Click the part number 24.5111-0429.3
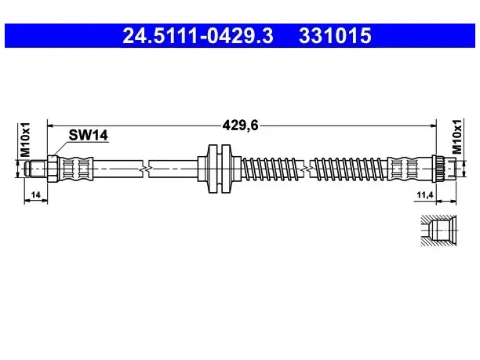[x=198, y=35]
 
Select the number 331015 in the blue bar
[x=335, y=35]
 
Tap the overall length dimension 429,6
[x=240, y=125]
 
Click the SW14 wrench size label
[x=88, y=135]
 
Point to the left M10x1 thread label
[x=25, y=140]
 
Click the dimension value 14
[x=36, y=195]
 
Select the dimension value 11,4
[x=425, y=195]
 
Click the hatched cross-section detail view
[x=438, y=231]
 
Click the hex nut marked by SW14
[x=53, y=169]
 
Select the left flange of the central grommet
[x=213, y=169]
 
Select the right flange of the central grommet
[x=226, y=169]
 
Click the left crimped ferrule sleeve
[x=75, y=169]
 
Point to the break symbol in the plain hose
[x=146, y=169]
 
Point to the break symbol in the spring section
[x=307, y=169]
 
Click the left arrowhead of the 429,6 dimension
[x=51, y=125]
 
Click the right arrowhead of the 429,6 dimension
[x=433, y=125]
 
